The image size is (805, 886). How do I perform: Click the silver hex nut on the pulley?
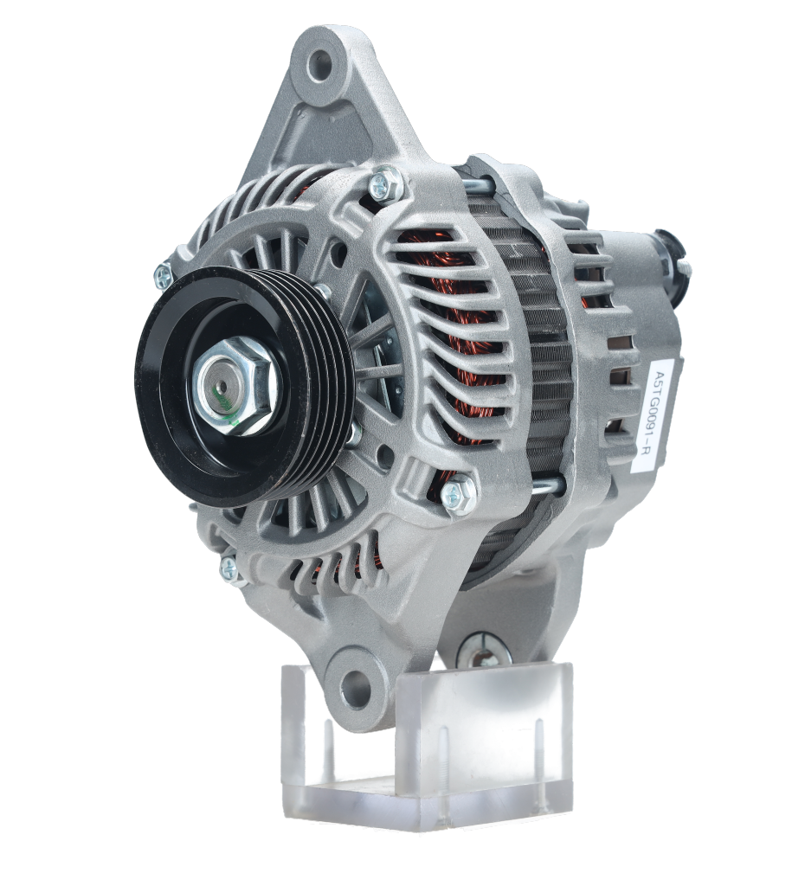pyautogui.click(x=237, y=386)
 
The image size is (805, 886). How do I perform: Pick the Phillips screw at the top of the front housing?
pyautogui.click(x=386, y=182)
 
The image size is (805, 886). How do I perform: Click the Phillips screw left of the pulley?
pyautogui.click(x=163, y=276)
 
